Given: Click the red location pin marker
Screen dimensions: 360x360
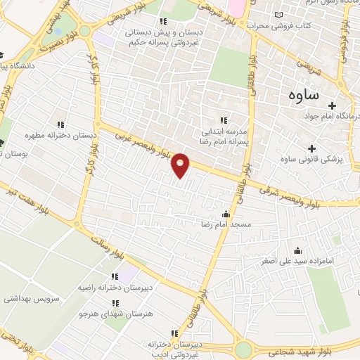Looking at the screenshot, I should [x=181, y=165].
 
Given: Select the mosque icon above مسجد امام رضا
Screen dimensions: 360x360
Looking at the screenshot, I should [x=226, y=214].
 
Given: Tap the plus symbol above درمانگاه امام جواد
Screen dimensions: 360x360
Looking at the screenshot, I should [x=352, y=105].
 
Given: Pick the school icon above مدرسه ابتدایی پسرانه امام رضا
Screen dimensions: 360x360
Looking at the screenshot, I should [x=224, y=120].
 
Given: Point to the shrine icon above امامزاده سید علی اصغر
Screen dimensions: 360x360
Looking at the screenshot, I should [x=297, y=250].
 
